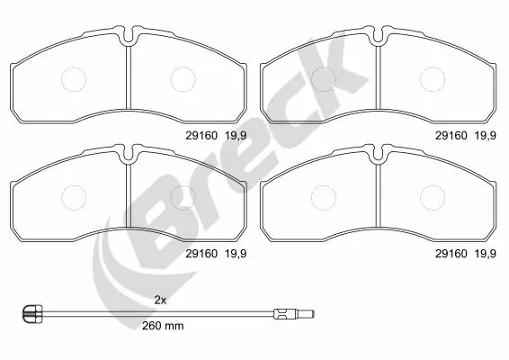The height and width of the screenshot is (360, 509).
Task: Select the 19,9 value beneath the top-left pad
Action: click(x=235, y=135)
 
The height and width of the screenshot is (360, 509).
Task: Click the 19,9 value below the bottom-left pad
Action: click(x=235, y=253)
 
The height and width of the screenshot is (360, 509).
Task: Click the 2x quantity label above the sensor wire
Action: click(x=161, y=298)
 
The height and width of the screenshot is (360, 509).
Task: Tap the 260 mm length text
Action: click(x=163, y=325)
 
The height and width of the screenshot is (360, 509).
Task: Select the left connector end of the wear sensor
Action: click(x=31, y=313)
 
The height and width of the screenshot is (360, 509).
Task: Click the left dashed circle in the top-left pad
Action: click(x=73, y=78)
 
